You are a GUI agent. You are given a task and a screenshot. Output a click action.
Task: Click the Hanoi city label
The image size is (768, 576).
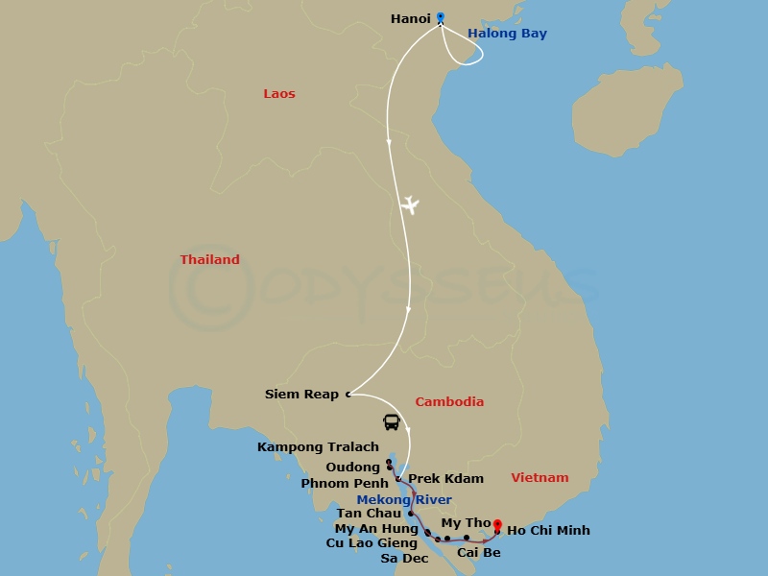411,18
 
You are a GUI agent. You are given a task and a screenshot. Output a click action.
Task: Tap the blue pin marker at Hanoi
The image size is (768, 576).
441,16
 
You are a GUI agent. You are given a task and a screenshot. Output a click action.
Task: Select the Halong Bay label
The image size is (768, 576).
507,34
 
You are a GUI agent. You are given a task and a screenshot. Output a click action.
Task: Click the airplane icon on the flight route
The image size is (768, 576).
410,204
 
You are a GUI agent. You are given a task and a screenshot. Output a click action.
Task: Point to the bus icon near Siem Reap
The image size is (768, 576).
392,421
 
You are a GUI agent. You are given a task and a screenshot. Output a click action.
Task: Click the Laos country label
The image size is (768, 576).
279,94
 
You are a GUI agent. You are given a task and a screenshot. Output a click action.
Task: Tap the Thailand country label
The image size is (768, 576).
210,260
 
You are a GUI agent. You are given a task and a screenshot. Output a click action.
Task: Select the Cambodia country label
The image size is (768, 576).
449,402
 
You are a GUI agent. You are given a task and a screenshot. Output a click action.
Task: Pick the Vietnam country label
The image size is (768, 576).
540,478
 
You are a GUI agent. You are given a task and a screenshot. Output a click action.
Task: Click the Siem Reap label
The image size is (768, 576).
302,395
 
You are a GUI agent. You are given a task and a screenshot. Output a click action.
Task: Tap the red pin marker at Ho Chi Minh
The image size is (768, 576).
497,524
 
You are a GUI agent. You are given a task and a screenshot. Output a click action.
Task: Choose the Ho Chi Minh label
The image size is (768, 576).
548,530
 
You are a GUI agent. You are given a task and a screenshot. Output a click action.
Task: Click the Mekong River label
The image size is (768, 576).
404,500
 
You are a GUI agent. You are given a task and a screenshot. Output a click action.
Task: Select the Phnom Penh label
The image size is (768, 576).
345,484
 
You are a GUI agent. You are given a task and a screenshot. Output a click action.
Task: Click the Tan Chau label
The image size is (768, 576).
369,514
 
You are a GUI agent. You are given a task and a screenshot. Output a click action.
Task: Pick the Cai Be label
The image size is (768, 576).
478,553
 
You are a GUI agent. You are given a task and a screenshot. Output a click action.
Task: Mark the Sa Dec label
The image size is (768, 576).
404,558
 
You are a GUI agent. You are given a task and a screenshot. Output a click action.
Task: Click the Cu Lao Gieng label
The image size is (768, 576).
372,543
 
